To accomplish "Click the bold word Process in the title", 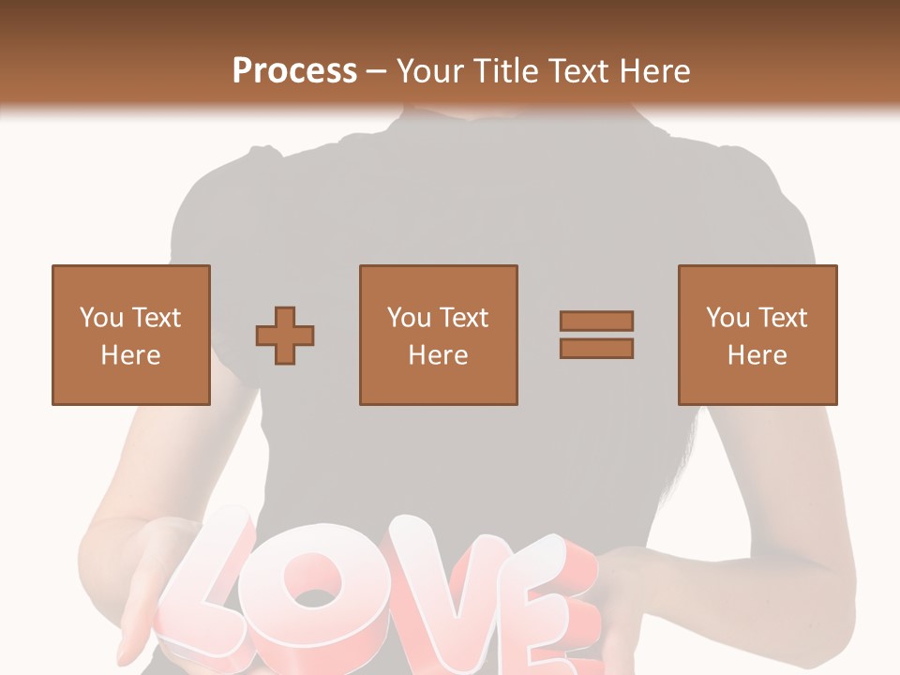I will click(294, 71).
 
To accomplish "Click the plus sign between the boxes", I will click(285, 336).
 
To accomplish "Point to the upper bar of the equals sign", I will click(596, 321).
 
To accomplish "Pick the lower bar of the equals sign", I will click(596, 349).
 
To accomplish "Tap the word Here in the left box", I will click(130, 355).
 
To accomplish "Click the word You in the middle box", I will click(409, 318).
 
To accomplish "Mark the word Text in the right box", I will click(781, 318).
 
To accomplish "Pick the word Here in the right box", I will click(757, 355).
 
